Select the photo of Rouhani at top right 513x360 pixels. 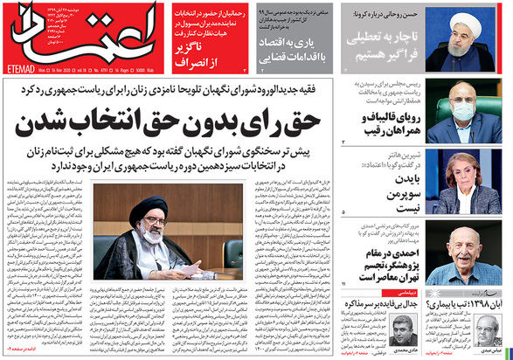[475, 39]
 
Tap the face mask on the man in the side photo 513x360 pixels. [467, 112]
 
